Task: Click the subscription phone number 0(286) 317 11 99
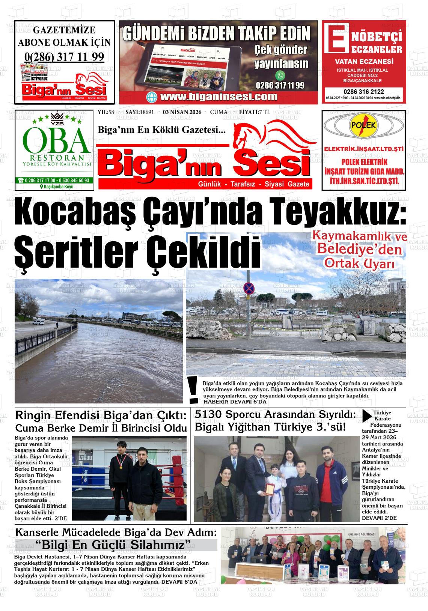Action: (x=64, y=57)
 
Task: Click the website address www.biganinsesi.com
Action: (x=219, y=96)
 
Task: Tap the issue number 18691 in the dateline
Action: (x=147, y=112)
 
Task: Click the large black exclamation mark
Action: (x=193, y=390)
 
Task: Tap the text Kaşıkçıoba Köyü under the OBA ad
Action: (x=57, y=187)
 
